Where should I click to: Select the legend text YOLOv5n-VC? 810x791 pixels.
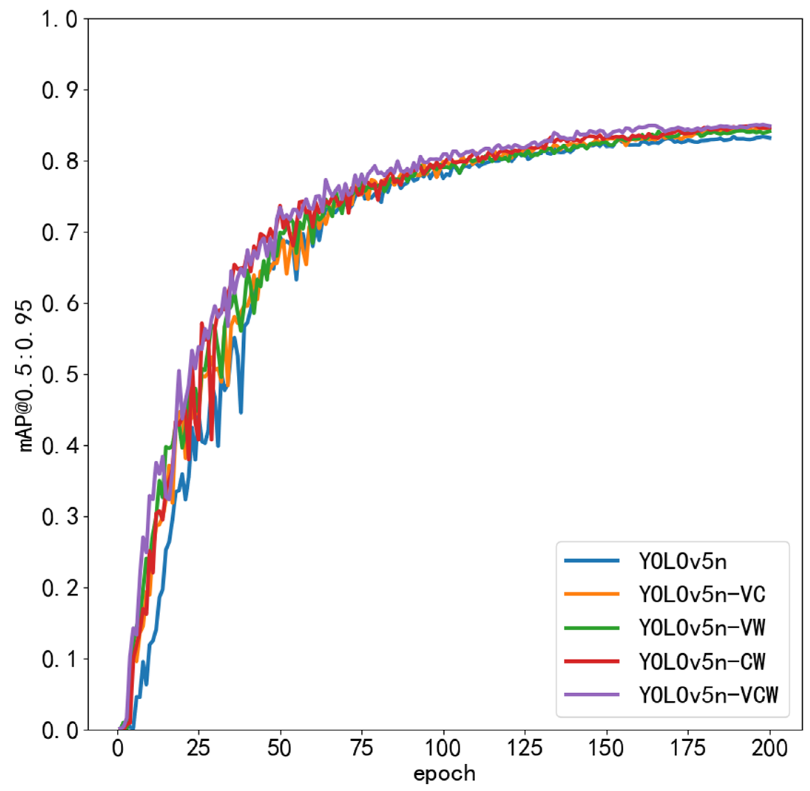702,595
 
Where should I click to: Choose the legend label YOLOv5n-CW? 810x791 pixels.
702,662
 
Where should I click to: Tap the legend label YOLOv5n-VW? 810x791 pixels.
702,628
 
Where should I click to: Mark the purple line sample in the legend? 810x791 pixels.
591,694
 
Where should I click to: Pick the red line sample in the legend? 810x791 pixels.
591,662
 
